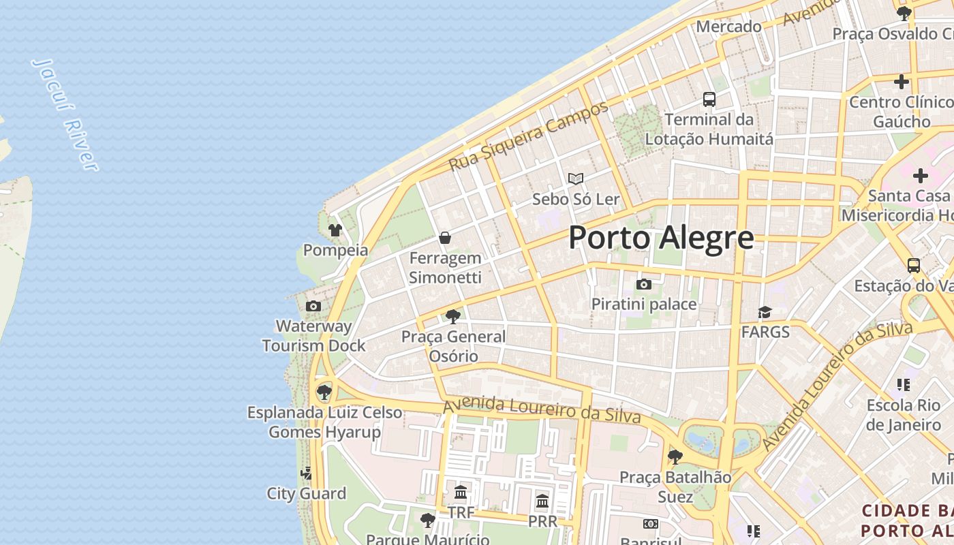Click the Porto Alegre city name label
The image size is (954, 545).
coord(661,238)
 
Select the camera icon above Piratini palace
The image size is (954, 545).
coord(643,284)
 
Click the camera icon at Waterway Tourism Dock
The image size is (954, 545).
coord(313,306)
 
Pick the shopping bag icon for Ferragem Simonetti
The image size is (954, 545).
coord(445,238)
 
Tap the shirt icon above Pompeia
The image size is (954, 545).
coord(335,230)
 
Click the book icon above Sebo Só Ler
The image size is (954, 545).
coord(576,178)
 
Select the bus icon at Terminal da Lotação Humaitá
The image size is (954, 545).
coord(709,99)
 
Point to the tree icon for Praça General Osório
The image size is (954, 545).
coord(452,316)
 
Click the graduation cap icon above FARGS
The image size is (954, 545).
coord(765,312)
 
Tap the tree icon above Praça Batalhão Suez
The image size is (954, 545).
coord(675,456)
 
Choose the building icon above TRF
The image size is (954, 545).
coord(461,492)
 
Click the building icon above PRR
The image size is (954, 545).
coord(542,501)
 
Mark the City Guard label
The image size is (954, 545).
coord(306,493)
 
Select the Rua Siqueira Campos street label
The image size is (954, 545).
coord(529,136)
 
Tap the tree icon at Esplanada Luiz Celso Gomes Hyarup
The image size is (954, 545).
coord(324,392)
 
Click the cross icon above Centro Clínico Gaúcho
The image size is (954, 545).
coord(901,82)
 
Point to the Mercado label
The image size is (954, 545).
coord(728,27)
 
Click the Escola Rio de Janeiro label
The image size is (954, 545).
coord(904,415)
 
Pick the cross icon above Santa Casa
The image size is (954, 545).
coord(920,176)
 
